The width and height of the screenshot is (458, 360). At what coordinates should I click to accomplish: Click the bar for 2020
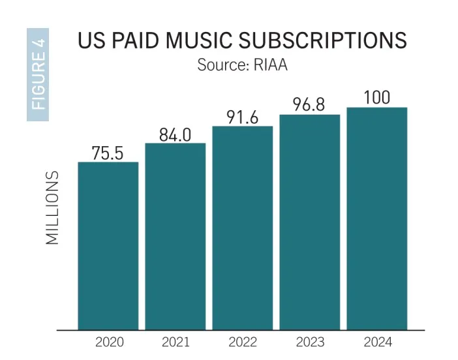pos(108,246)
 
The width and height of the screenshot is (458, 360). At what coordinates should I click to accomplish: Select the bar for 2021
pos(175,236)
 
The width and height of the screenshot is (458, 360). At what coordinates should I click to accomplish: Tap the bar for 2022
pos(242,228)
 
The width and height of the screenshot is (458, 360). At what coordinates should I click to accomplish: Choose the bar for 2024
pos(376,218)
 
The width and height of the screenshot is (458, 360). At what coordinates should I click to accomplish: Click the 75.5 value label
pos(108,153)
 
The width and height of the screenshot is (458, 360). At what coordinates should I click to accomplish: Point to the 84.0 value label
pos(175,135)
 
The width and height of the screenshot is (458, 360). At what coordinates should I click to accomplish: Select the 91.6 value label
pos(242,117)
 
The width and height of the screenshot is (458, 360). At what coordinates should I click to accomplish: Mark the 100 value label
pos(376,98)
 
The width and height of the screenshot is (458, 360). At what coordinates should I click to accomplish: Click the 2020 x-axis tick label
pos(108,342)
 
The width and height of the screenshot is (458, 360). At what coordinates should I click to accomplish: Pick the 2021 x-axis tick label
pos(175,342)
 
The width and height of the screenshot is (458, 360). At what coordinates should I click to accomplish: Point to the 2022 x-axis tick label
pos(242,342)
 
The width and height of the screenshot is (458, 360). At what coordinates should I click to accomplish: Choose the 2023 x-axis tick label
pos(309,342)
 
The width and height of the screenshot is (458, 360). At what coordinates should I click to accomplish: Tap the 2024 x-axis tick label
pos(376,342)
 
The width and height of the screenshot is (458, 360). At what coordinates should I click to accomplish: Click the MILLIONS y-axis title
pos(53,208)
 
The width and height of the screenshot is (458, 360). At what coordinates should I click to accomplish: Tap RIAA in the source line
pos(269,67)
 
